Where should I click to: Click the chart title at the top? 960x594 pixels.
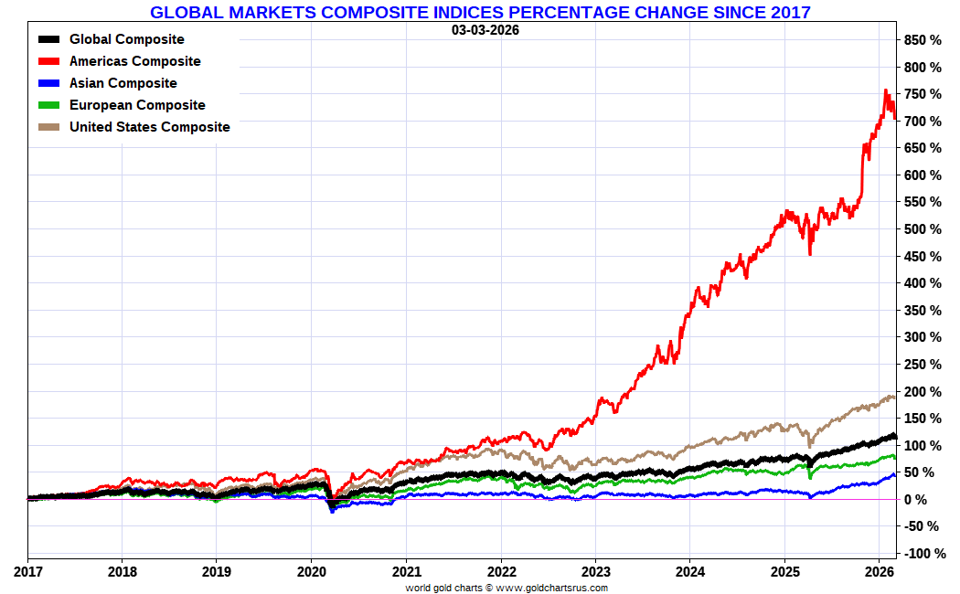480,12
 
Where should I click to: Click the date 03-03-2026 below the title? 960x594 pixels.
485,29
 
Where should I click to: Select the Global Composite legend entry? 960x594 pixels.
126,39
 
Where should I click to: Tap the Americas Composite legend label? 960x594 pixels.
134,61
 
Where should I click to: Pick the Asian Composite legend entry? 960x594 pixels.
123,83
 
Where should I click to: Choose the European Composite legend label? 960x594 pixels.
137,105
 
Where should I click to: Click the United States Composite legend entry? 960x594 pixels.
149,127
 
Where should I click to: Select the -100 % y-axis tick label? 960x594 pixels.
921,554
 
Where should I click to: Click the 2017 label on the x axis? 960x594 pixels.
27,572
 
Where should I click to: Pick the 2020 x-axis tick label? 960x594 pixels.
311,572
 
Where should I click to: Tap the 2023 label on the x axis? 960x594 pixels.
595,572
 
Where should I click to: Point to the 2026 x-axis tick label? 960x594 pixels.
879,572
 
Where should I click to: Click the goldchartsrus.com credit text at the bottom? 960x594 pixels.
507,588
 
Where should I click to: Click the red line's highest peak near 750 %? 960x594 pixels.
885,91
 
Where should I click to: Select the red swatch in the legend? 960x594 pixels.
49,61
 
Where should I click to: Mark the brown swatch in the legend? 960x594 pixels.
49,127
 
